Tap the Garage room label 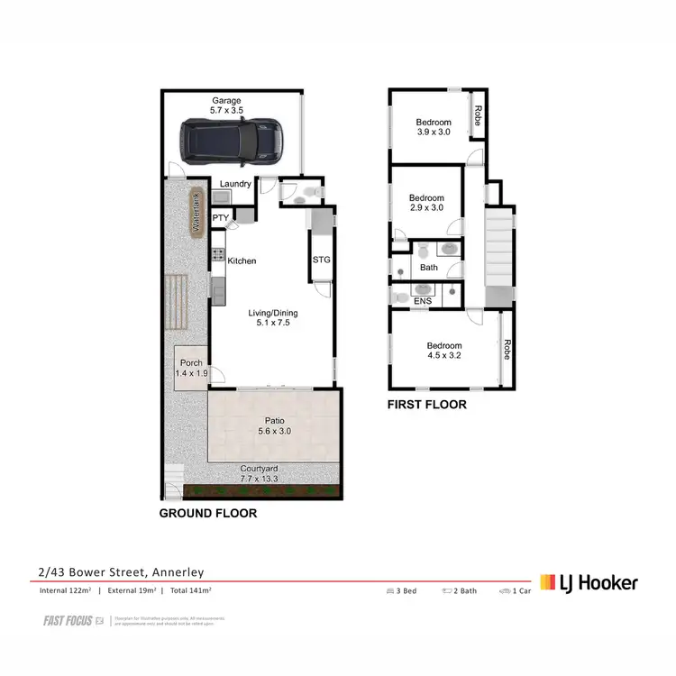coord(227,105)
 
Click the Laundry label coord(235,185)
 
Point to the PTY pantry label coord(220,218)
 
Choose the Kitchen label coord(242,261)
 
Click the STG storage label coord(321,260)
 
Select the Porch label coord(190,367)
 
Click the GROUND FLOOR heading coord(208,514)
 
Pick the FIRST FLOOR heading coord(427,405)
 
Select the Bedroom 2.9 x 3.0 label coord(426,204)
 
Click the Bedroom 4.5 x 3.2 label coord(443,351)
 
